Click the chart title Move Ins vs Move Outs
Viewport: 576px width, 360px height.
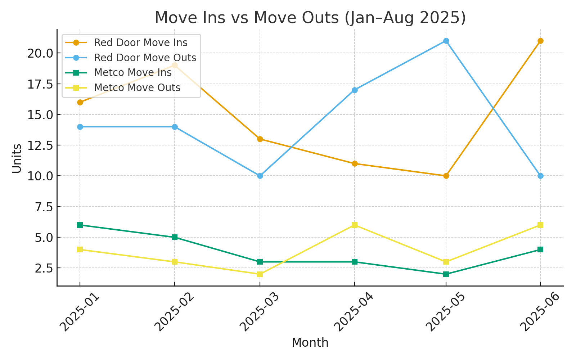(x=310, y=18)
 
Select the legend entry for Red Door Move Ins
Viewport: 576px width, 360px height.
(x=140, y=42)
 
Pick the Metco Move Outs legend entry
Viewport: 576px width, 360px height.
(x=137, y=87)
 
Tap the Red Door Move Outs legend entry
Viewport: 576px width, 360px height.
(x=145, y=58)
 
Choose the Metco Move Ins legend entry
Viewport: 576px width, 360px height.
(x=132, y=72)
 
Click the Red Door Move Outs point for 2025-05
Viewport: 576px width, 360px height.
(x=446, y=41)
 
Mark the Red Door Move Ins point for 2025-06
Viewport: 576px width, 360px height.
(x=540, y=41)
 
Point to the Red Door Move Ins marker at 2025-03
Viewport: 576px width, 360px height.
(x=260, y=139)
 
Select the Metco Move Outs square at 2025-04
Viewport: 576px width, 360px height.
(x=355, y=225)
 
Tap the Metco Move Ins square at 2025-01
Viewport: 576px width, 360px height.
(x=80, y=225)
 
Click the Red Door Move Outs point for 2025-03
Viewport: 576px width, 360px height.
(x=260, y=176)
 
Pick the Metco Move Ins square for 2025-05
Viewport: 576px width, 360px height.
(x=446, y=274)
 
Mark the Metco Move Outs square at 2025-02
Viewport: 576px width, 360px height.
(x=175, y=262)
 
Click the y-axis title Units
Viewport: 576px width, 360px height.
(x=17, y=158)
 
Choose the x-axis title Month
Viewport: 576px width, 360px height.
(x=310, y=343)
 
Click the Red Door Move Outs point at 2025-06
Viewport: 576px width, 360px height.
(x=540, y=176)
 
